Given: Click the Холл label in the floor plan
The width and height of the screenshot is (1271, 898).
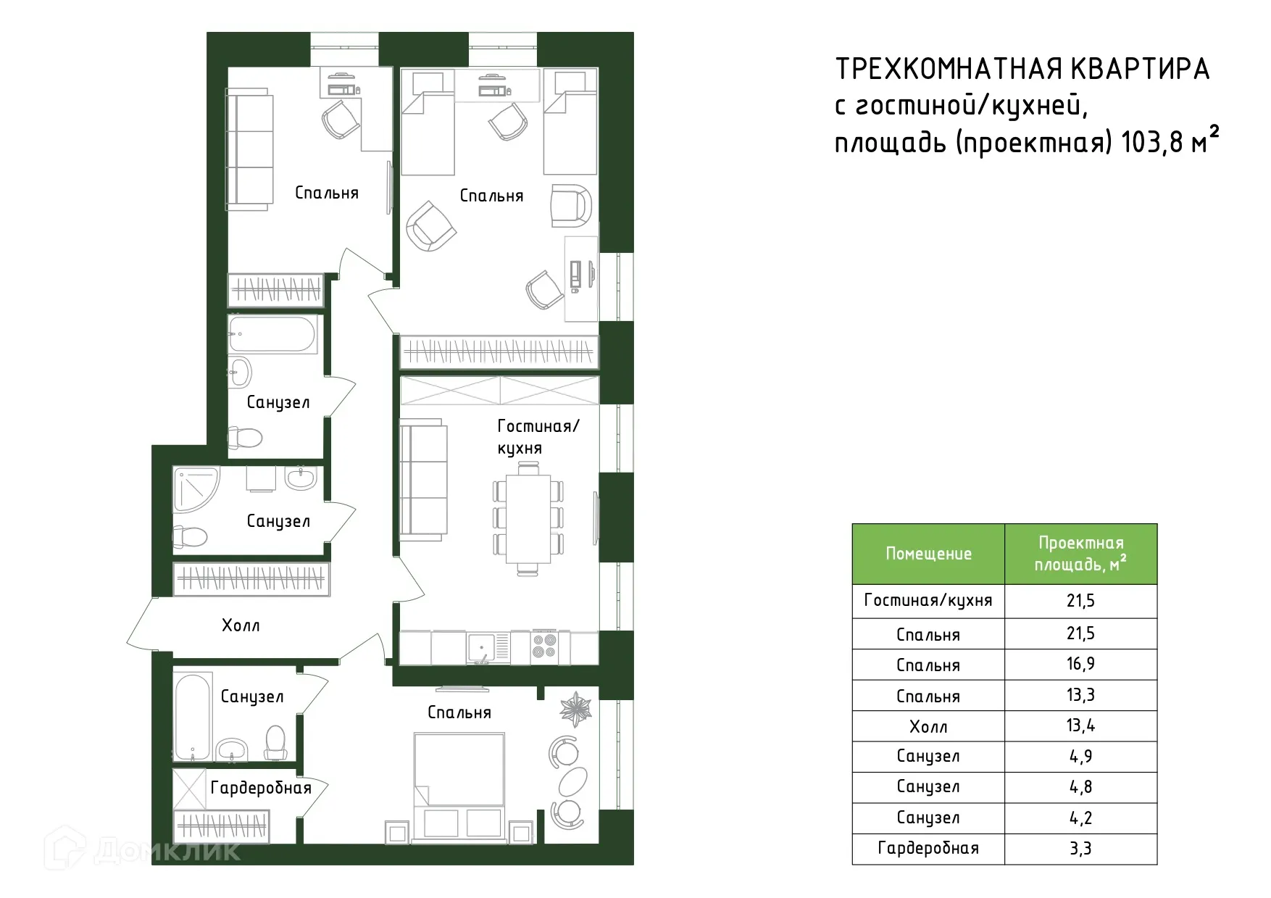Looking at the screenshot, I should point(241,625).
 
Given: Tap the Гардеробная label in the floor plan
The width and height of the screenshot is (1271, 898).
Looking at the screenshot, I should point(261,788).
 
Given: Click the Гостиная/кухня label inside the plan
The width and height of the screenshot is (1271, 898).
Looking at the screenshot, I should point(538,436).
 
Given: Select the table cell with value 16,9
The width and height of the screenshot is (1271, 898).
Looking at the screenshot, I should point(1080,664).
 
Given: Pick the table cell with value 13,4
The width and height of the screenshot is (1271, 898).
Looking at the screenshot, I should point(1080,726).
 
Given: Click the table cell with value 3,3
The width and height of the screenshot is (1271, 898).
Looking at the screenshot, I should point(1080,849).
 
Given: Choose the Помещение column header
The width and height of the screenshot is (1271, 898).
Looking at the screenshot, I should point(928,554).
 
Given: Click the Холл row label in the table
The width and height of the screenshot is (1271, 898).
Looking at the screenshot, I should point(928,726).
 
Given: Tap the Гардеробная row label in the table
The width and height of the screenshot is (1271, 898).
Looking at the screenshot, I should point(928,849).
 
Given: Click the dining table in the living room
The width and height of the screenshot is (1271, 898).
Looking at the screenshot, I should point(528,518).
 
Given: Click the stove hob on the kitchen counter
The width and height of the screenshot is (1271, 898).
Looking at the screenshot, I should point(543,646).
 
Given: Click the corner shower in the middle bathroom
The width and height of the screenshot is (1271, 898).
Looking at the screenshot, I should point(194,489).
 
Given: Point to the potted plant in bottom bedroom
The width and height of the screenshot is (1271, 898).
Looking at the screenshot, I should point(575,709).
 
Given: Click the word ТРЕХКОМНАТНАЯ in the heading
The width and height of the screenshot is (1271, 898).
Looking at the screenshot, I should point(948,70).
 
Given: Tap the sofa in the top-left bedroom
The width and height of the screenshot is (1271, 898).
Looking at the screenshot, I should point(249,150).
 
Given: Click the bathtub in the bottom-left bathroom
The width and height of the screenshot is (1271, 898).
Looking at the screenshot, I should point(193,716).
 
